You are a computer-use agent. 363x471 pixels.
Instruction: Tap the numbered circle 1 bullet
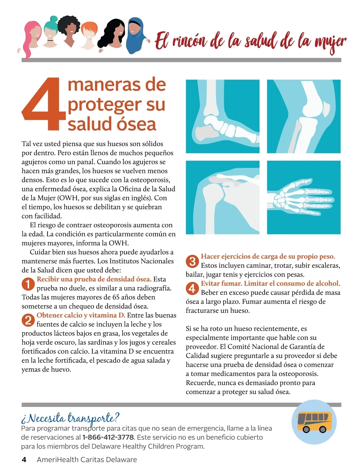click(x=28, y=284)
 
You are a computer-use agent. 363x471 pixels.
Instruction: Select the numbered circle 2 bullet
click(x=28, y=320)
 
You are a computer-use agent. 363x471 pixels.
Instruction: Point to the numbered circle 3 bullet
click(x=192, y=261)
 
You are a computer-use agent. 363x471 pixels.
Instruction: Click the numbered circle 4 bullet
click(x=192, y=288)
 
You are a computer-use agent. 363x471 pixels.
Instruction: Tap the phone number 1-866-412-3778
click(x=108, y=437)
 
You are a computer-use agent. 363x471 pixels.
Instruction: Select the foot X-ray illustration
click(x=223, y=116)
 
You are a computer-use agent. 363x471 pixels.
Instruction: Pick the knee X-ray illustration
click(x=304, y=116)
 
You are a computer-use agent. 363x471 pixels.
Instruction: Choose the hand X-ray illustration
click(x=304, y=197)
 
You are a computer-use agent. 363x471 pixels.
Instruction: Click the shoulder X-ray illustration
click(x=223, y=197)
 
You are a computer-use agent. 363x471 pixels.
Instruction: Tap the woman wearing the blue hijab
click(x=136, y=36)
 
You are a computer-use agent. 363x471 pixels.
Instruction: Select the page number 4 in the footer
click(x=24, y=460)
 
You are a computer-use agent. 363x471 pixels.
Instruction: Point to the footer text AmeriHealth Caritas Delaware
click(x=87, y=460)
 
